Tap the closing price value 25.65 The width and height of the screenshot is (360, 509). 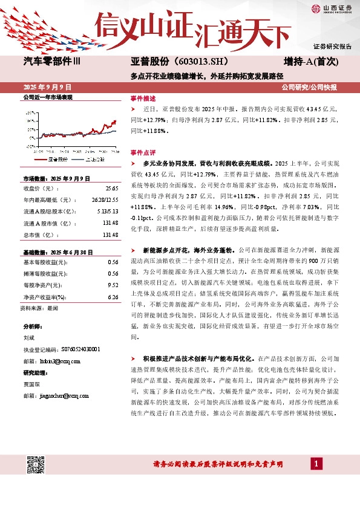click(x=111, y=189)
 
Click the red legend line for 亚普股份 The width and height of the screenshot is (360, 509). click(x=41, y=159)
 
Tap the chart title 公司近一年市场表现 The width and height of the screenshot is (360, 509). click(x=47, y=97)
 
